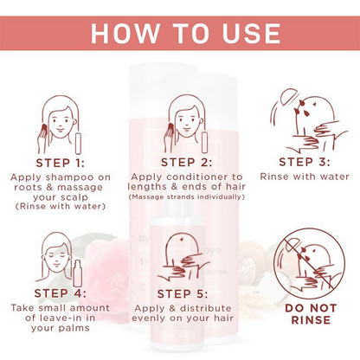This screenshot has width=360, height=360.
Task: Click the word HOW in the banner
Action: pyautogui.click(x=125, y=33)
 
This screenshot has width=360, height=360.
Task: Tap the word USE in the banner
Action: pyautogui.click(x=251, y=33)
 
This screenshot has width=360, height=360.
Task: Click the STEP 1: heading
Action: pyautogui.click(x=61, y=163)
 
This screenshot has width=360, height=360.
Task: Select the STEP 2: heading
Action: pyautogui.click(x=187, y=163)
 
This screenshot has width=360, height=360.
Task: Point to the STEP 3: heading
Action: pyautogui.click(x=305, y=162)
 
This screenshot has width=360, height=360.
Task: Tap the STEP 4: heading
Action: pyautogui.click(x=61, y=293)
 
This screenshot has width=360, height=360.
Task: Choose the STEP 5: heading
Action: pyautogui.click(x=183, y=294)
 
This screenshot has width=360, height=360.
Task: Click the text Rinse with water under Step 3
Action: pyautogui.click(x=305, y=177)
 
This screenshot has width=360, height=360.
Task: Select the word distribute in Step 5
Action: pyautogui.click(x=206, y=308)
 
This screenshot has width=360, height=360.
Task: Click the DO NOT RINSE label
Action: pyautogui.click(x=311, y=314)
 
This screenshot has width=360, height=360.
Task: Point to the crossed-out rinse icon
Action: pyautogui.click(x=309, y=264)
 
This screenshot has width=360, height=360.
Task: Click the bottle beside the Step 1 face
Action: pyautogui.click(x=78, y=144)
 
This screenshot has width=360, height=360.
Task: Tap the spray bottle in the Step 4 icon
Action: pyautogui.click(x=77, y=273)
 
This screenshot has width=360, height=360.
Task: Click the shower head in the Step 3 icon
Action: pyautogui.click(x=287, y=97)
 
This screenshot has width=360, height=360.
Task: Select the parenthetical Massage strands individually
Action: pyautogui.click(x=187, y=197)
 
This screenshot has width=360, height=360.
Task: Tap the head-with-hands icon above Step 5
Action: pyautogui.click(x=183, y=258)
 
